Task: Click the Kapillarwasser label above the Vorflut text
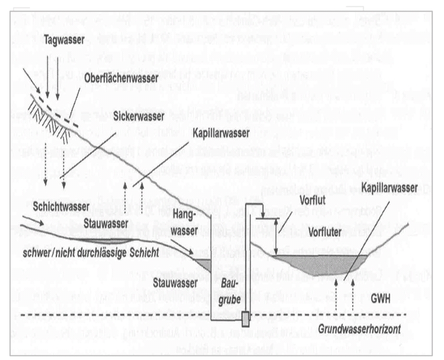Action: tap(390, 188)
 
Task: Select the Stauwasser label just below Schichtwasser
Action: tap(105, 224)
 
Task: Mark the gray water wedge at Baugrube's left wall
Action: tap(205, 264)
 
